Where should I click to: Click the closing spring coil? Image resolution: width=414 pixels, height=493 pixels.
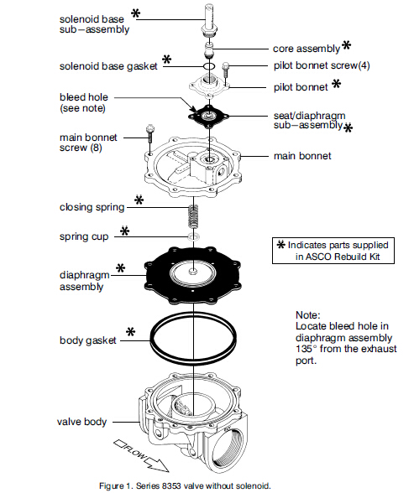click(194, 216)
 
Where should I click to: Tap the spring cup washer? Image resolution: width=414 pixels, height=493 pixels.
click(194, 236)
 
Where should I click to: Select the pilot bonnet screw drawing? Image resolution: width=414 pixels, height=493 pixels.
click(226, 70)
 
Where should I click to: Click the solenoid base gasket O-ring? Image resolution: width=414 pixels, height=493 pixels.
click(209, 66)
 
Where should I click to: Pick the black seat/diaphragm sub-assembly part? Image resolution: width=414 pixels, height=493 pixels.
click(209, 116)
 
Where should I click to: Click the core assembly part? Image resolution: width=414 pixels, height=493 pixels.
click(208, 50)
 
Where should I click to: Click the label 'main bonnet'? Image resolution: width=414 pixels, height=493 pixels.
click(302, 156)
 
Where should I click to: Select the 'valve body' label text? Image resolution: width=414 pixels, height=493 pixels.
click(81, 422)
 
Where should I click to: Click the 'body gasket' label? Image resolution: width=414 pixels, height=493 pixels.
click(88, 340)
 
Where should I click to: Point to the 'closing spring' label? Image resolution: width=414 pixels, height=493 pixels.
click(92, 207)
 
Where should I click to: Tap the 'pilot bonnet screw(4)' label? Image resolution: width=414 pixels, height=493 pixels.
click(322, 65)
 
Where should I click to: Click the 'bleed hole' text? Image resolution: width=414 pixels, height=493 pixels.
click(84, 97)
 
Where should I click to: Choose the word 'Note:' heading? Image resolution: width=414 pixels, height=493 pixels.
click(308, 315)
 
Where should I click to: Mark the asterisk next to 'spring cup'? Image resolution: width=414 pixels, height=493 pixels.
click(125, 231)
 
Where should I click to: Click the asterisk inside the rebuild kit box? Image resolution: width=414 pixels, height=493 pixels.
click(281, 245)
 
